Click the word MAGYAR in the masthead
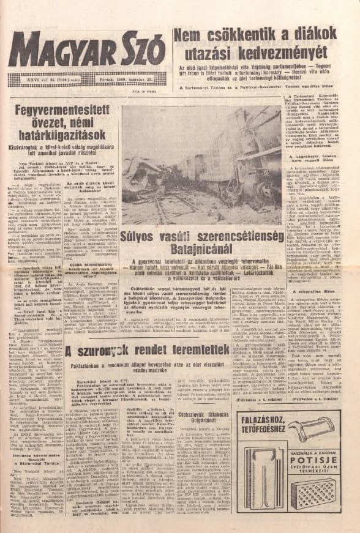[57, 50]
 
